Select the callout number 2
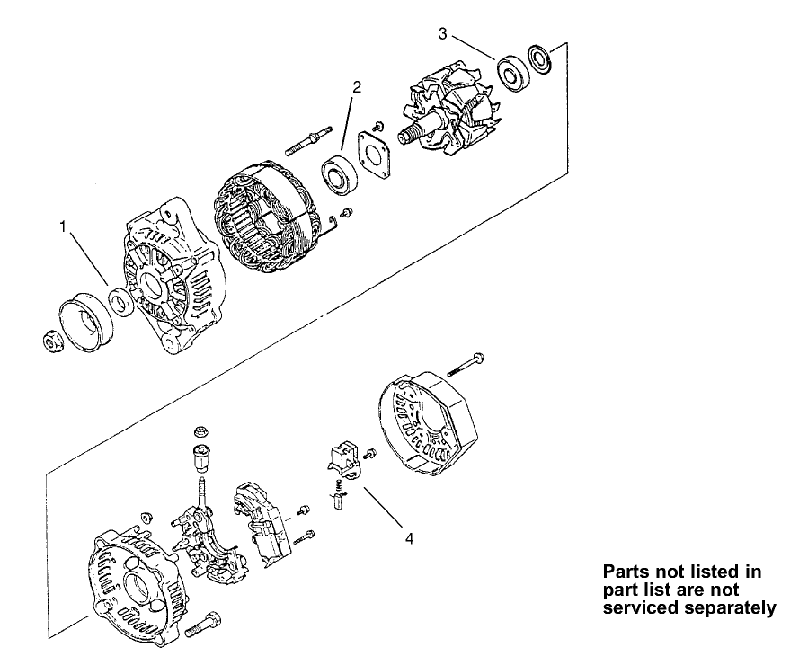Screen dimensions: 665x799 pyautogui.click(x=357, y=87)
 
